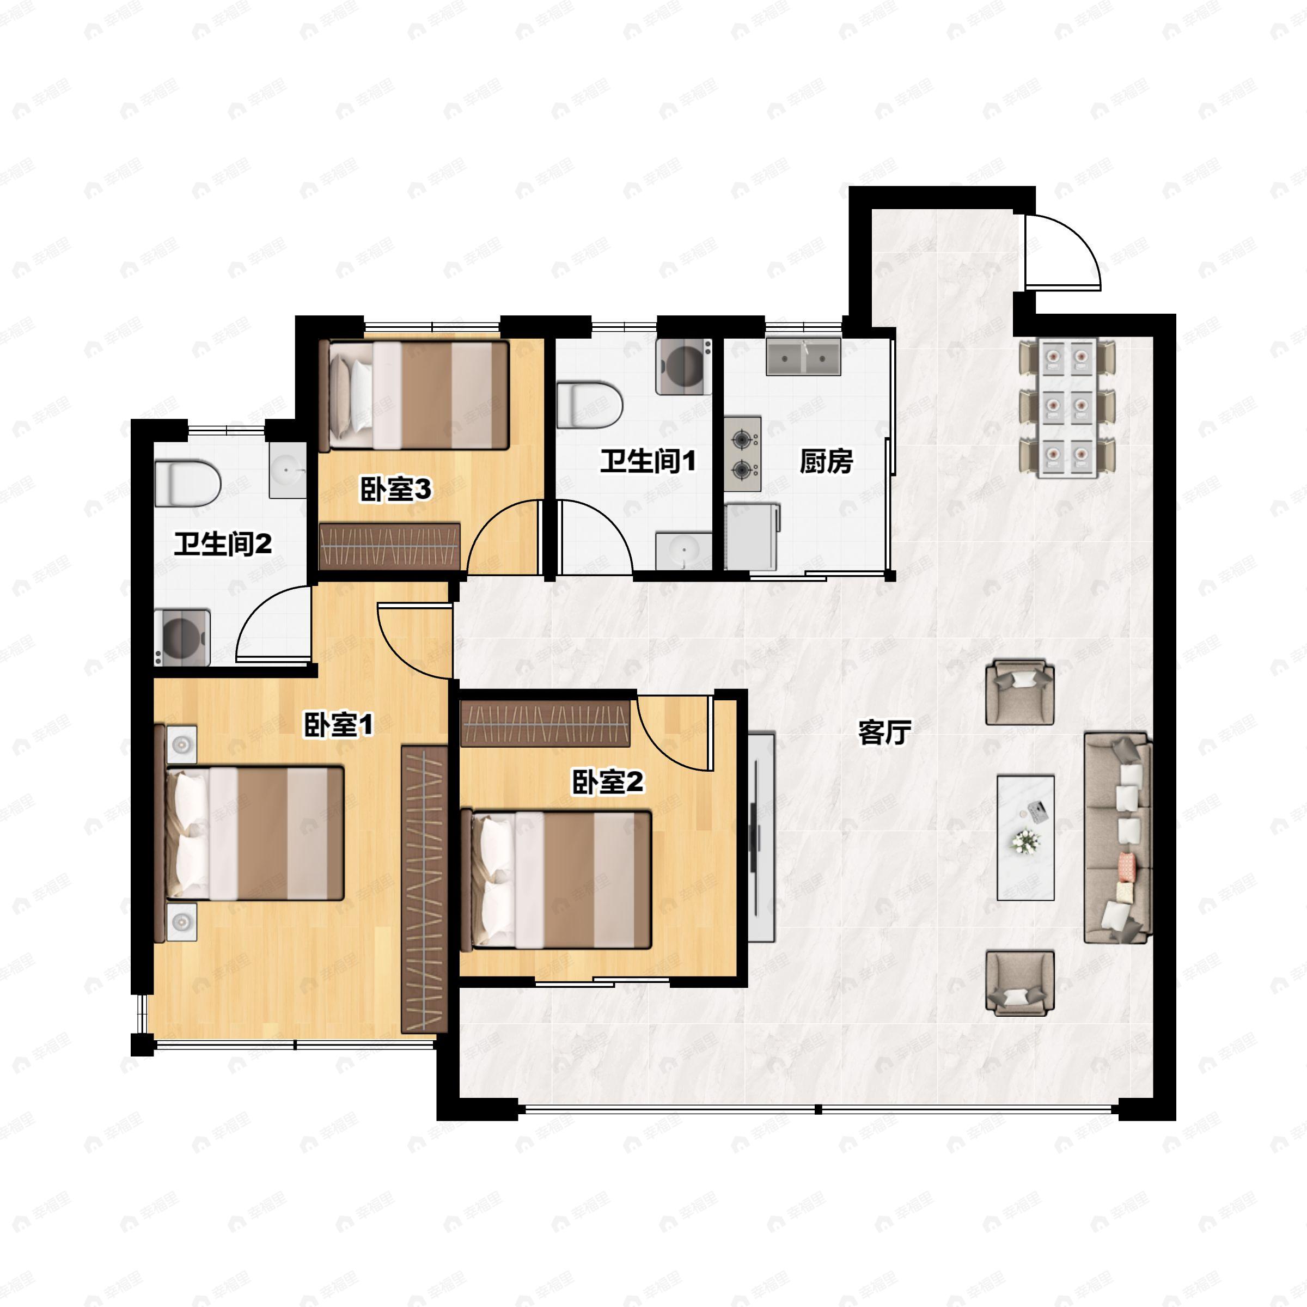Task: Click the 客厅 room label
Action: [885, 732]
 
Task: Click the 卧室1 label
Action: [338, 726]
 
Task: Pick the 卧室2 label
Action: [608, 782]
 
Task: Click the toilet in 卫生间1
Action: [589, 405]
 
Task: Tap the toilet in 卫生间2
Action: [188, 483]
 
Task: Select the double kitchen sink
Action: [804, 357]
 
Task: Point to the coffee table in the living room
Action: [1025, 838]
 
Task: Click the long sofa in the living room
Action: [1117, 838]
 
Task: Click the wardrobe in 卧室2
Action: [545, 723]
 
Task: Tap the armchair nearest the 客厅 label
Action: [1019, 692]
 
